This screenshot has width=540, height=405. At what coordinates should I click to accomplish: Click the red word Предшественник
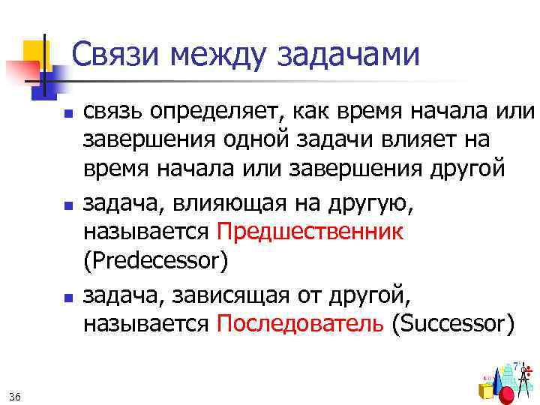pyautogui.click(x=310, y=232)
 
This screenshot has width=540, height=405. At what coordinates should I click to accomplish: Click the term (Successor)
pyautogui.click(x=454, y=324)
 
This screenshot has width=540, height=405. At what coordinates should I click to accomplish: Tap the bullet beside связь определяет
pyautogui.click(x=67, y=115)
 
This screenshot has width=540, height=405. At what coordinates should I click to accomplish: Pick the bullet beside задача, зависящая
pyautogui.click(x=67, y=298)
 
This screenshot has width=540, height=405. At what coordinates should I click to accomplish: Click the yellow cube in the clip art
pyautogui.click(x=485, y=390)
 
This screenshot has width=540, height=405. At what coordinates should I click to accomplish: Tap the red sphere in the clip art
pyautogui.click(x=507, y=394)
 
